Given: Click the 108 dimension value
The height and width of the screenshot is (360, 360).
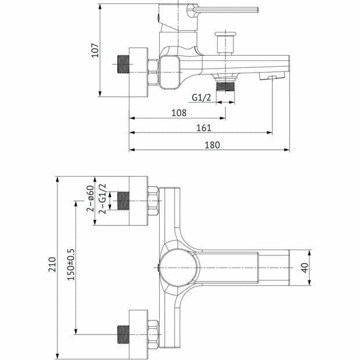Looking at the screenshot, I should coord(178,112).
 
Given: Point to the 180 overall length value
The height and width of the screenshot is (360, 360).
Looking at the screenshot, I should coord(213,145).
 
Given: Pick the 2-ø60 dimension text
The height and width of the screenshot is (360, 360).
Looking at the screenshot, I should coord(91,199).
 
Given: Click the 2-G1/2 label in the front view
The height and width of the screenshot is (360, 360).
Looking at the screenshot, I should coord(103,199).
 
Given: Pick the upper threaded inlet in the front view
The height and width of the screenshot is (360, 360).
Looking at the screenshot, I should coord(124,201).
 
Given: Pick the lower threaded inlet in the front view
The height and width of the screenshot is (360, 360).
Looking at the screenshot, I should coord(124,333).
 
